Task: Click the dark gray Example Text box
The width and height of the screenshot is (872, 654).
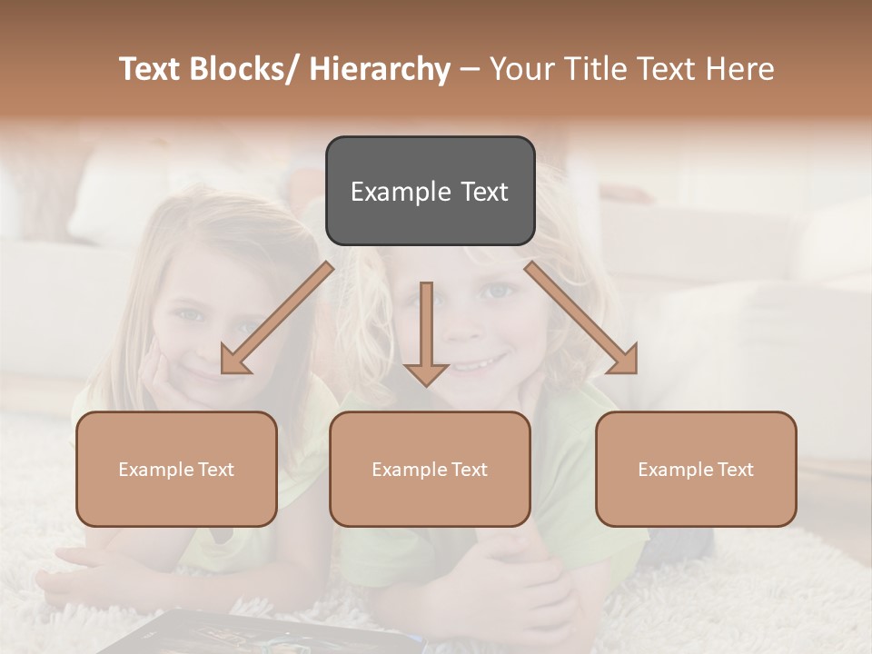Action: pyautogui.click(x=430, y=191)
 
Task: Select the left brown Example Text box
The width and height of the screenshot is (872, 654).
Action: pyautogui.click(x=176, y=469)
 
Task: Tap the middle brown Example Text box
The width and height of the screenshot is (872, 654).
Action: pyautogui.click(x=430, y=469)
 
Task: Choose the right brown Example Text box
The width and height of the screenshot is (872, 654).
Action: pyautogui.click(x=696, y=469)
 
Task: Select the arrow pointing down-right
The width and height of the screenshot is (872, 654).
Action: pyautogui.click(x=581, y=318)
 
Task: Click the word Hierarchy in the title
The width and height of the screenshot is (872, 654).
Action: pyautogui.click(x=380, y=69)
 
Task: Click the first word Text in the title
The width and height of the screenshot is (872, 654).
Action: pyautogui.click(x=153, y=69)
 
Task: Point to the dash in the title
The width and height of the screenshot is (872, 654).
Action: pyautogui.click(x=470, y=69)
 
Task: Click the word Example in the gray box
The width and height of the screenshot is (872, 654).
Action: pyautogui.click(x=397, y=192)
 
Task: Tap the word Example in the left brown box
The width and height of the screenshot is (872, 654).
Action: pyautogui.click(x=155, y=470)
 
